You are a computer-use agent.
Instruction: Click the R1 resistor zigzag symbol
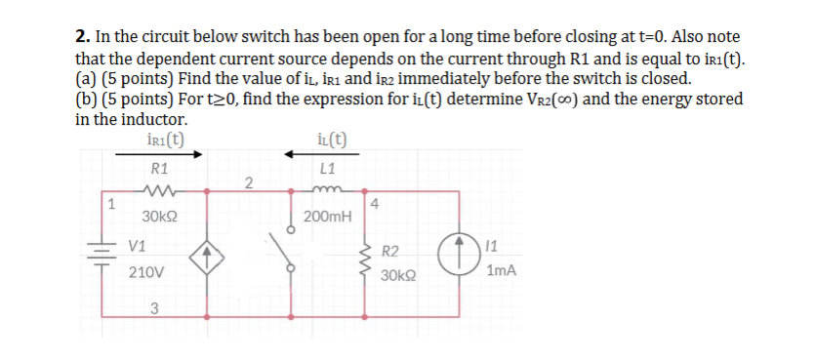[156, 191]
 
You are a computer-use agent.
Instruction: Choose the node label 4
[375, 205]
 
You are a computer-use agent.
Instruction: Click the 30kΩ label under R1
[159, 216]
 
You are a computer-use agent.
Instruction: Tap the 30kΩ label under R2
[398, 275]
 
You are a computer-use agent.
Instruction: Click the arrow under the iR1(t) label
[167, 154]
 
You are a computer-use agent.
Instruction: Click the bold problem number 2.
[81, 37]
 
